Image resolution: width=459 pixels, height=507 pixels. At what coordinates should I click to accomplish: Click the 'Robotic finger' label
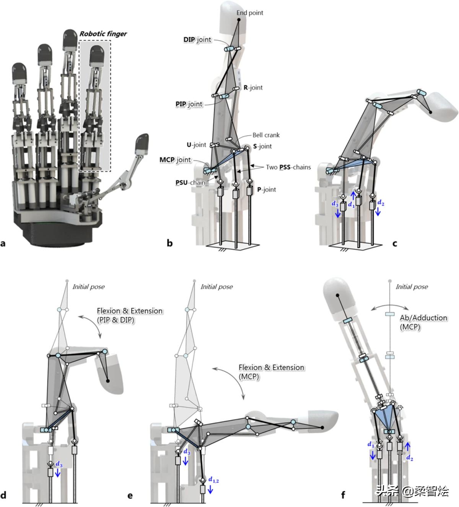pyautogui.click(x=103, y=34)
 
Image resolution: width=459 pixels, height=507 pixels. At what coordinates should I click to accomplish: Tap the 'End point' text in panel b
pyautogui.click(x=250, y=13)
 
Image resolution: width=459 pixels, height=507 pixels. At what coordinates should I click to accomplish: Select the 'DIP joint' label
pyautogui.click(x=197, y=40)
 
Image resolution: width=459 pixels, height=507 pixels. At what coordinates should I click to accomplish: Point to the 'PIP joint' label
pyautogui.click(x=189, y=104)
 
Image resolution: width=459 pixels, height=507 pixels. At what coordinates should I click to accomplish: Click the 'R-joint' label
pyautogui.click(x=253, y=87)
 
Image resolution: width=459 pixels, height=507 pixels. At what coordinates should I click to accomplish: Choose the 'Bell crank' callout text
pyautogui.click(x=266, y=135)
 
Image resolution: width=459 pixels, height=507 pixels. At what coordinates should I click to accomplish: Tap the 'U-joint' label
pyautogui.click(x=196, y=145)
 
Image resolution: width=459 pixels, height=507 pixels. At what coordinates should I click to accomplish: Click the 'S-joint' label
pyautogui.click(x=262, y=146)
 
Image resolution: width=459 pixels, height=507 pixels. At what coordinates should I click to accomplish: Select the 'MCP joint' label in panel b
pyautogui.click(x=175, y=160)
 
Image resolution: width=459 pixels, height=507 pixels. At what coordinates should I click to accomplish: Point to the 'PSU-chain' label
pyautogui.click(x=190, y=182)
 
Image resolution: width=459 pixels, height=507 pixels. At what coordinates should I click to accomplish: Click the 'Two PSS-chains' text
pyautogui.click(x=288, y=167)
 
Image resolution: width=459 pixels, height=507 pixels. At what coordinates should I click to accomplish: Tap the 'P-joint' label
pyautogui.click(x=267, y=189)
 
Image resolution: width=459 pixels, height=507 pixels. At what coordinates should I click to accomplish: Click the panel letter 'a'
pyautogui.click(x=3, y=243)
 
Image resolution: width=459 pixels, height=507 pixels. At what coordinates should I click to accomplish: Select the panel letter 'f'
pyautogui.click(x=343, y=495)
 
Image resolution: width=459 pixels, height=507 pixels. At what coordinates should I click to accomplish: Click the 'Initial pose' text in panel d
pyautogui.click(x=88, y=287)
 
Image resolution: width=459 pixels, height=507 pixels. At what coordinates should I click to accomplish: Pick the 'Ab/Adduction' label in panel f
pyautogui.click(x=423, y=318)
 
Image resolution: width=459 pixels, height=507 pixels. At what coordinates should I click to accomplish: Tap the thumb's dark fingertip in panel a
pyautogui.click(x=143, y=142)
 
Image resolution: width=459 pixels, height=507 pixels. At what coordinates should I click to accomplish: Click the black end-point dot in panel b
pyautogui.click(x=239, y=19)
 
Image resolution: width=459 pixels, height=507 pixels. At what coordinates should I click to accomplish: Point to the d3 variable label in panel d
pyautogui.click(x=59, y=464)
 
